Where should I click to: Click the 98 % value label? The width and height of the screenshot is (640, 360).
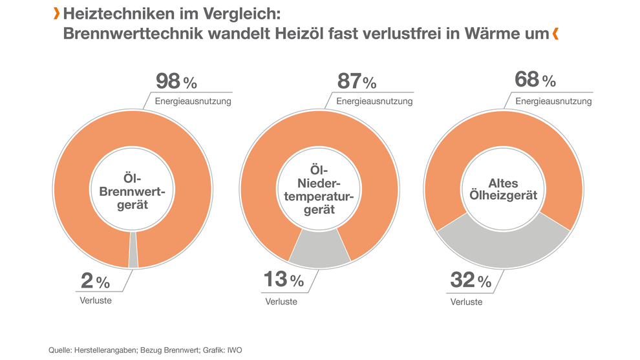176,82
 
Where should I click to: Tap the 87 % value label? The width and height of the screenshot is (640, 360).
356,82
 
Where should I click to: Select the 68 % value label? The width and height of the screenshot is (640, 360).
535,80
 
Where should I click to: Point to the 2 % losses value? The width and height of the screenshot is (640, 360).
95,281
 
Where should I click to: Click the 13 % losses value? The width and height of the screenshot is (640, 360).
283,281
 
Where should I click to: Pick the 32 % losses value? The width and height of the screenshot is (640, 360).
470,281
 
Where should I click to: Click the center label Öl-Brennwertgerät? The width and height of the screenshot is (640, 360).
133,192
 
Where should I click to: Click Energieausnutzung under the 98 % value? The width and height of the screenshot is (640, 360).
193,101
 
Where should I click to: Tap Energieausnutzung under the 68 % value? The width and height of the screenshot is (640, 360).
553,101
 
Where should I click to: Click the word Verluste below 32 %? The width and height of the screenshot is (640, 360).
466,301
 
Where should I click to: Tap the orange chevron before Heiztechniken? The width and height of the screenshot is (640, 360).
57,13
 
